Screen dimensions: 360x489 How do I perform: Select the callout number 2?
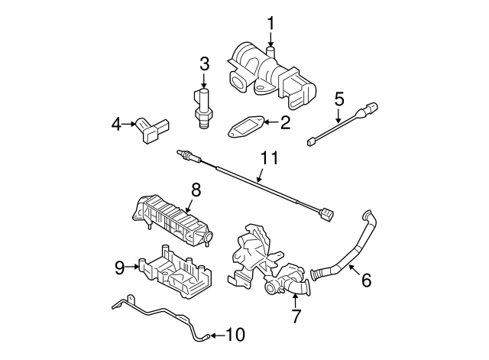click(x=285, y=122)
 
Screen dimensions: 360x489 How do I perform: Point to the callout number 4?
click(x=117, y=123)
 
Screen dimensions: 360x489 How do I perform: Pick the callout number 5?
click(x=339, y=99)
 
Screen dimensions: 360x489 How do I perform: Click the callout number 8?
click(x=196, y=190)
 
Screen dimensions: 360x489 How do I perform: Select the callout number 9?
click(x=119, y=267)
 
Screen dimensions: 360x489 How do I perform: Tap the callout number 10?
click(x=238, y=335)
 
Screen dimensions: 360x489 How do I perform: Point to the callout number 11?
click(x=267, y=159)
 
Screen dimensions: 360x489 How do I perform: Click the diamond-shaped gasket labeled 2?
click(x=247, y=126)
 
